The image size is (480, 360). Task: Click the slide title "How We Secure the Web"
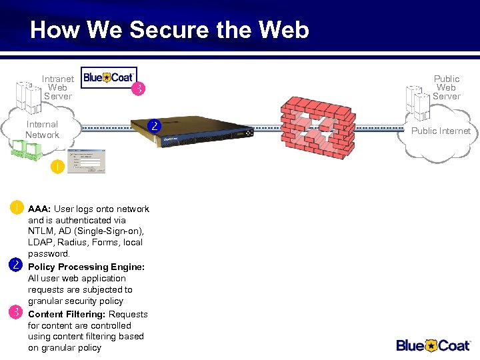click(x=169, y=30)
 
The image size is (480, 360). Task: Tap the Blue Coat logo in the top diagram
click(x=109, y=77)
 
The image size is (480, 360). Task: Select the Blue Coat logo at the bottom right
click(x=434, y=345)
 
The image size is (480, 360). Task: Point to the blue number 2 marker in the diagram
click(x=154, y=125)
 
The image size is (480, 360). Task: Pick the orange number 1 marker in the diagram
click(x=57, y=167)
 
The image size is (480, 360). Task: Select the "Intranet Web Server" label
click(x=58, y=87)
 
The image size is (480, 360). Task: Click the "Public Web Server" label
click(x=446, y=87)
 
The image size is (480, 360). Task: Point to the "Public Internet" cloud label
click(x=441, y=131)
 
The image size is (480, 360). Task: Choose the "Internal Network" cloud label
click(x=42, y=129)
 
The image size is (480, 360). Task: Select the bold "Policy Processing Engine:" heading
click(x=86, y=267)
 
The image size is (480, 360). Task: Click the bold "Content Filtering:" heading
click(x=67, y=314)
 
